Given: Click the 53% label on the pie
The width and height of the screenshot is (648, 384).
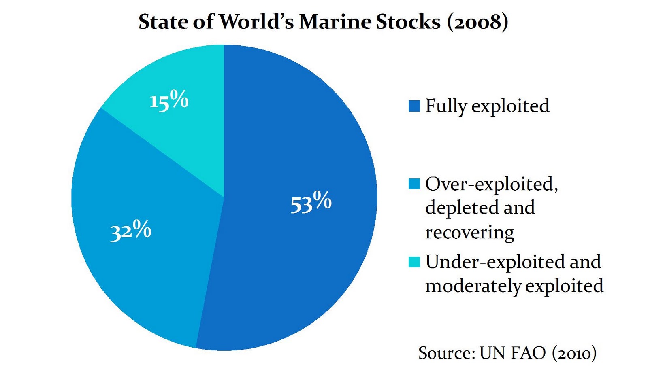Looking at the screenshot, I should (x=311, y=202).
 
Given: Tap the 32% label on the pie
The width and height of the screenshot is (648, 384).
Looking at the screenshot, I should (x=130, y=231).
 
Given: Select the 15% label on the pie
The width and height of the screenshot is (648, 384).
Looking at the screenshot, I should (x=169, y=100).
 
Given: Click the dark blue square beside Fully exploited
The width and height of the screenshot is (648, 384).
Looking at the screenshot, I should (x=414, y=106).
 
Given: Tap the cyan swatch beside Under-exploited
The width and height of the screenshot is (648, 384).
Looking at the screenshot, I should (x=414, y=262).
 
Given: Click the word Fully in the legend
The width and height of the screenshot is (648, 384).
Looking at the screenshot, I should (x=446, y=106).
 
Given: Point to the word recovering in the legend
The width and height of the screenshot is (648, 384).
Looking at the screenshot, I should (x=469, y=233).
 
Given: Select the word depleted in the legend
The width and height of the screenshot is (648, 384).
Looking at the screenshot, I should (x=456, y=208).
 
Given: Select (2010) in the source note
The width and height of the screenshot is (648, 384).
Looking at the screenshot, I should (x=574, y=353).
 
